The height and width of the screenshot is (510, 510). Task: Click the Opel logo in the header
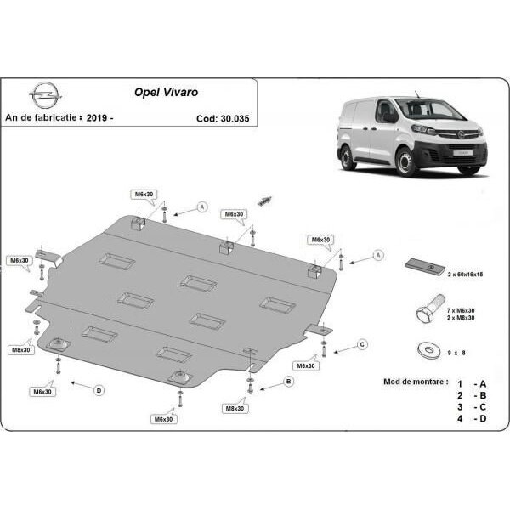pyautogui.click(x=45, y=95)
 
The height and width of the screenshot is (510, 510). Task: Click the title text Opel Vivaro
pyautogui.click(x=167, y=92)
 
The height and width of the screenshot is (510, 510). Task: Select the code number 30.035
pyautogui.click(x=235, y=118)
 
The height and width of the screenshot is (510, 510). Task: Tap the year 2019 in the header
pyautogui.click(x=97, y=117)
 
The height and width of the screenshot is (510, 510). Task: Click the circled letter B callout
pyautogui.click(x=288, y=381)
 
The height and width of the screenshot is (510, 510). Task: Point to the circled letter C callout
pyautogui.click(x=362, y=344)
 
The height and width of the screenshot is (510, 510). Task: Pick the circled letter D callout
pyautogui.click(x=99, y=390)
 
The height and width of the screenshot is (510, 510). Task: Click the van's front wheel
pyautogui.click(x=405, y=161)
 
